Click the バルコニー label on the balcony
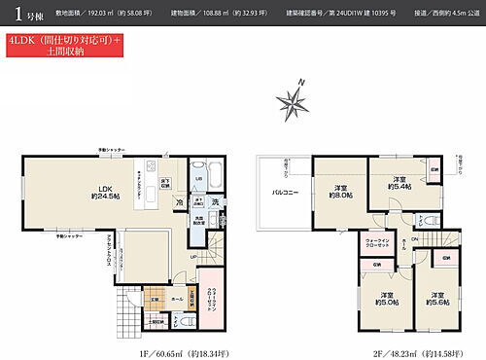[283, 193]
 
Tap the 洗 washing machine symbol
[216, 201]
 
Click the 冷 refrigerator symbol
[180, 201]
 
